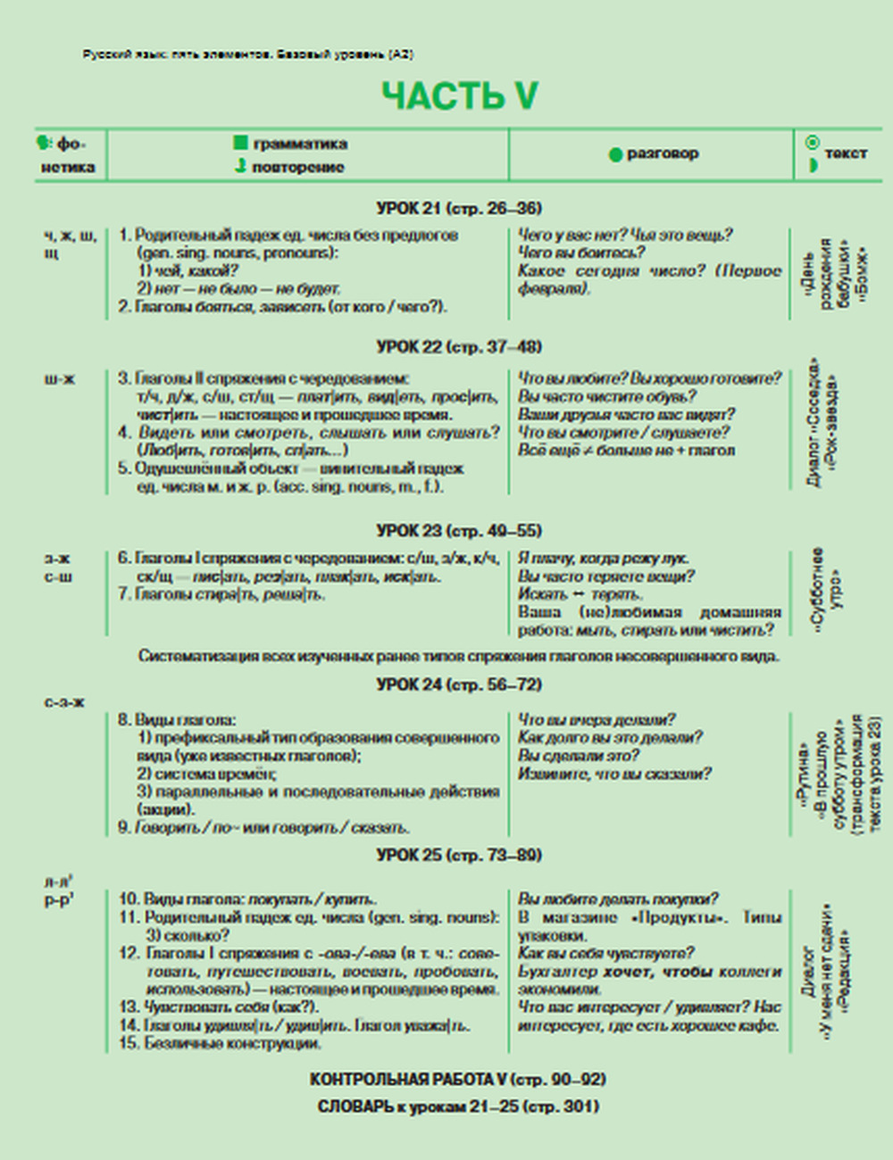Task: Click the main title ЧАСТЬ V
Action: [460, 96]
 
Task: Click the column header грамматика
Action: [300, 144]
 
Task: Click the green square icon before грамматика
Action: [240, 143]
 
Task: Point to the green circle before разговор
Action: [614, 155]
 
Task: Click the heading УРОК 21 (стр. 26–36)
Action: [459, 208]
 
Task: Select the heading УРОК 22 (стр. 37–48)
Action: [459, 346]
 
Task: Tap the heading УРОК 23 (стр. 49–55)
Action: [459, 530]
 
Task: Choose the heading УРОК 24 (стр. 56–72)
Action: [459, 684]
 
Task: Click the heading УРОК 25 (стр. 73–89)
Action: [459, 855]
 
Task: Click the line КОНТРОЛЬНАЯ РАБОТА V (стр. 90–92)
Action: [457, 1079]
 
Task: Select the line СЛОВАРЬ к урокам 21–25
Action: [457, 1106]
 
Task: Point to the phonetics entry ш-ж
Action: [60, 378]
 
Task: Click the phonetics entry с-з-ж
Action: [64, 702]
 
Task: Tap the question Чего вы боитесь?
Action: [581, 253]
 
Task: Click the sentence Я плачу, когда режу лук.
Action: [604, 559]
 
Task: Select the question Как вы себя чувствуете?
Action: [606, 953]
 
